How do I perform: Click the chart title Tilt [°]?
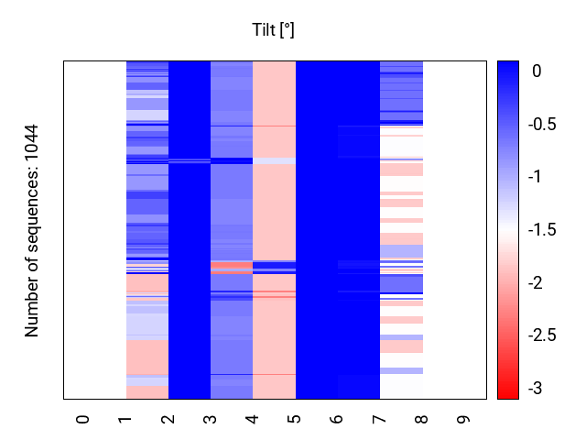click(x=273, y=30)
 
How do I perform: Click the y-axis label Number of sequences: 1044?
click(x=32, y=230)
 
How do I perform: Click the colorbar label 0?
click(x=536, y=70)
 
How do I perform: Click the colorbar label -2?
click(x=536, y=282)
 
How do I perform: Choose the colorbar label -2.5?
click(x=544, y=335)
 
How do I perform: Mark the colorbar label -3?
click(x=536, y=389)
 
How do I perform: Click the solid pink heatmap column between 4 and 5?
click(x=274, y=211)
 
